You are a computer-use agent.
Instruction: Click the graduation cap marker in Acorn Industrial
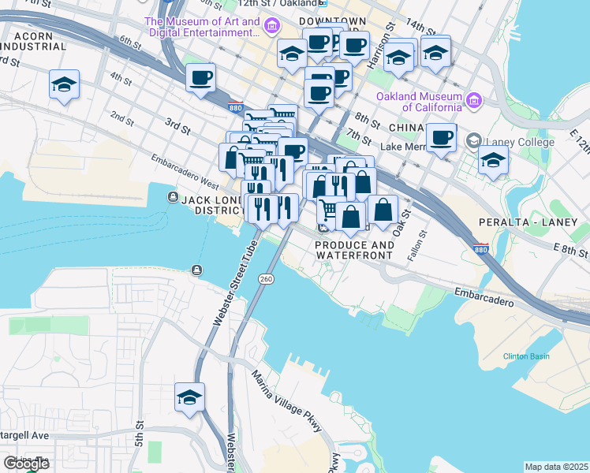click(64, 84)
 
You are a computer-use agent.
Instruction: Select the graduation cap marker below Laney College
click(493, 160)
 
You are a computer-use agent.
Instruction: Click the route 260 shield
click(266, 279)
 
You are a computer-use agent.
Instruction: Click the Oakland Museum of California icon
click(474, 100)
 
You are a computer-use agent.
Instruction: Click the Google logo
click(26, 464)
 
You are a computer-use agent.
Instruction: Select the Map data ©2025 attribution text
click(556, 467)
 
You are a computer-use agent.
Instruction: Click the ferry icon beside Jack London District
click(172, 197)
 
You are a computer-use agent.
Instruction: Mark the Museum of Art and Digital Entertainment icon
click(271, 28)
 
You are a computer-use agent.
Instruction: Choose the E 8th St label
click(571, 251)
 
